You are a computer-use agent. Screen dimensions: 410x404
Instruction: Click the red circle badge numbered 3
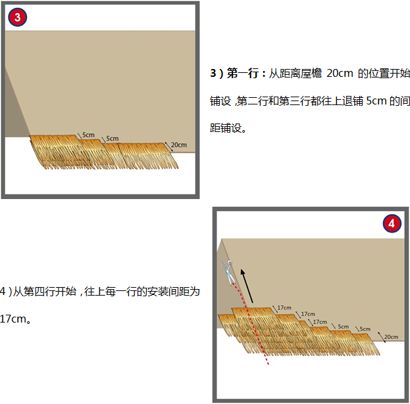17,17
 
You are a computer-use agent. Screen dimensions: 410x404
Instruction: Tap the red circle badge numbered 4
392,223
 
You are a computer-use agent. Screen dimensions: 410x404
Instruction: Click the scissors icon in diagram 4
228,273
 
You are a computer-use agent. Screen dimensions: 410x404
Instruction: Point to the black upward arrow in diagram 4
247,286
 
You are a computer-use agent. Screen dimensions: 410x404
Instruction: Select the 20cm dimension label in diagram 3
179,145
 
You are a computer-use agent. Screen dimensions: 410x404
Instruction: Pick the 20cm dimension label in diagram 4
391,337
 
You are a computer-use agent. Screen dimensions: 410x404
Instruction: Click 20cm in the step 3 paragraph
340,74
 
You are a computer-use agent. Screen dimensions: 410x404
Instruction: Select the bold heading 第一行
243,74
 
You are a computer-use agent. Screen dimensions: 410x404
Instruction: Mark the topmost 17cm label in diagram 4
284,307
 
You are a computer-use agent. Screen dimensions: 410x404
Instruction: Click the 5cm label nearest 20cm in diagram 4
365,329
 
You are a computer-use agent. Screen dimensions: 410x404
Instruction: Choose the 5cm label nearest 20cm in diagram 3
113,139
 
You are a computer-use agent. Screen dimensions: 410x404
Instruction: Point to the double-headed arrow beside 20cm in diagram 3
169,147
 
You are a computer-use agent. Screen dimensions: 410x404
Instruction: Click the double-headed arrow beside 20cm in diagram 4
382,337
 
